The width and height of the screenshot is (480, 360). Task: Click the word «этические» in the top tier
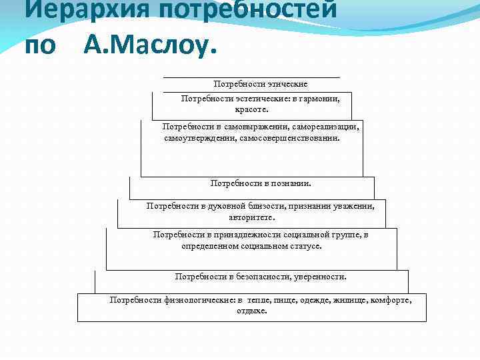point(287,84)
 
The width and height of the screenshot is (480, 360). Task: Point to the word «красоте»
point(251,109)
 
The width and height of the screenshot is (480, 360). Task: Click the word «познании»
point(289,182)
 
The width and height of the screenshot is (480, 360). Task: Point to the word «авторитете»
point(251,217)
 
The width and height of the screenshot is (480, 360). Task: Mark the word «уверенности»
point(319,276)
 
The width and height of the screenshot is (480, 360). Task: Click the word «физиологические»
point(202,300)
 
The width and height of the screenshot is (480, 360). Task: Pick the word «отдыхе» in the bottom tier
point(251,311)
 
